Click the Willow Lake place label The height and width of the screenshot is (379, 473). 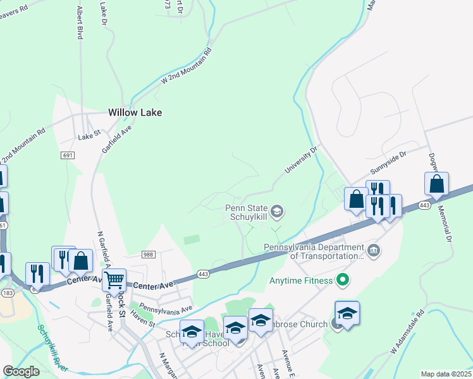(x=135, y=112)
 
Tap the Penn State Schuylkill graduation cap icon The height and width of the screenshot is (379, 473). (x=277, y=211)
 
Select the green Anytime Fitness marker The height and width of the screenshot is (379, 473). (x=343, y=279)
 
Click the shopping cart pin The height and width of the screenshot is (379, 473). (x=114, y=280)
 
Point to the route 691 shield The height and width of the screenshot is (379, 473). (x=68, y=155)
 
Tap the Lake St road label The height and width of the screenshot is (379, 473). (x=89, y=136)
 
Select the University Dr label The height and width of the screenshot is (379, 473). (x=300, y=161)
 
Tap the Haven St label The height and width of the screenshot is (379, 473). (x=143, y=322)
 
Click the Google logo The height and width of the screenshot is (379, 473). (x=21, y=371)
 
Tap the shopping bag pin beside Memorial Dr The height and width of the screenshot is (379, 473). (x=436, y=184)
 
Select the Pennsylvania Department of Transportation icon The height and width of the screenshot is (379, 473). (x=374, y=251)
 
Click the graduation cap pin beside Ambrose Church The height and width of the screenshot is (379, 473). (x=347, y=313)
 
